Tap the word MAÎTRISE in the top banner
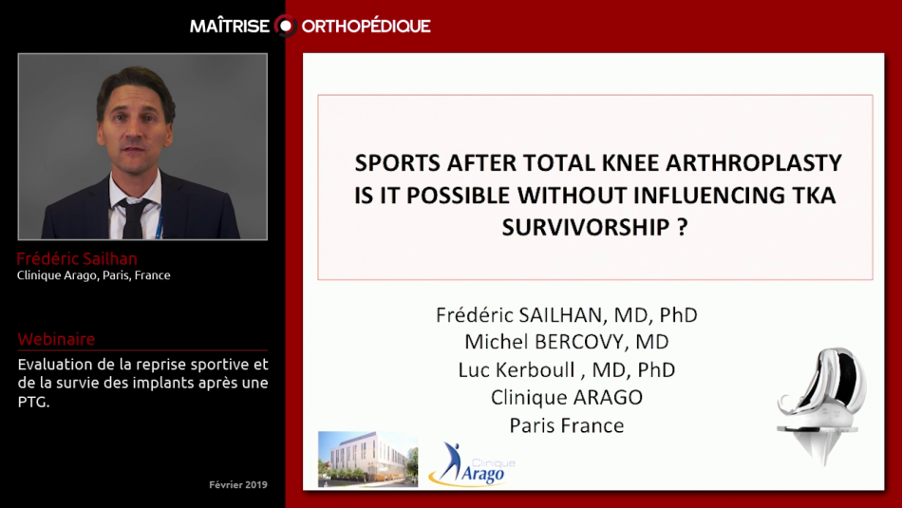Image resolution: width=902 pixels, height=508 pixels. [231, 26]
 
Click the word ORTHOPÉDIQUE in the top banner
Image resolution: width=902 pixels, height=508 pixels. [366, 26]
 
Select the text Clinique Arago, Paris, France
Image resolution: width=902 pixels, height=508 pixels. [94, 275]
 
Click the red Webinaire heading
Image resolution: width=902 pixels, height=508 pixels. [56, 339]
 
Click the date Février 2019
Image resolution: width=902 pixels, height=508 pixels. [237, 484]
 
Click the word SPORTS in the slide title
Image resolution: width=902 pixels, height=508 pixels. [396, 162]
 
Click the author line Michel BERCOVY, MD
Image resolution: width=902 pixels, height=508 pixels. [566, 342]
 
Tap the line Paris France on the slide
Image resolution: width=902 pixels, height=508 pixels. [567, 424]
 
